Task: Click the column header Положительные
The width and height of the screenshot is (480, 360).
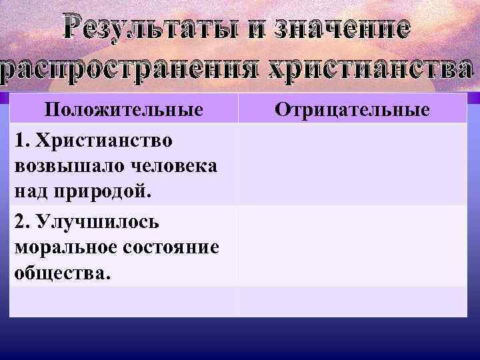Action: (x=123, y=109)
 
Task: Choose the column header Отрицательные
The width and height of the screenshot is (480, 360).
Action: (x=353, y=109)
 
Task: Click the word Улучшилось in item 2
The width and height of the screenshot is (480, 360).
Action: (x=97, y=221)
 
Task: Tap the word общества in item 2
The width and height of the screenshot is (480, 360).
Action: (x=59, y=273)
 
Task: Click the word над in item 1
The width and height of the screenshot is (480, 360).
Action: (x=29, y=193)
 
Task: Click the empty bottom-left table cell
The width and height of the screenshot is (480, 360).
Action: (x=123, y=301)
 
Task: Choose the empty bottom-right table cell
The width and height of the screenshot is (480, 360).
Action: (x=353, y=301)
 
